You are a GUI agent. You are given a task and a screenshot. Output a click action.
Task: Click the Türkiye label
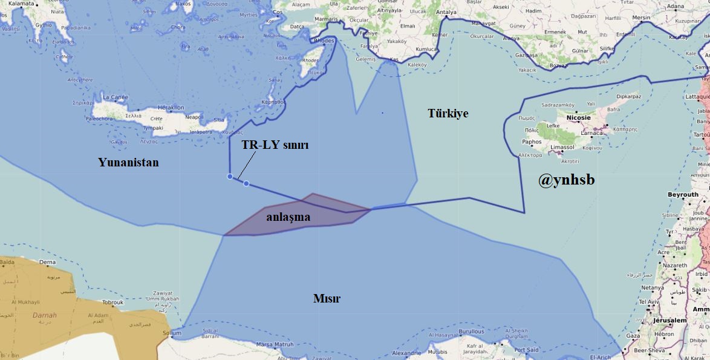(448, 114)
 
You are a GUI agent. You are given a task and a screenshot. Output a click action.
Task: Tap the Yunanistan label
(128, 162)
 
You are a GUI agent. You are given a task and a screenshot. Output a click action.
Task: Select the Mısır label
(327, 299)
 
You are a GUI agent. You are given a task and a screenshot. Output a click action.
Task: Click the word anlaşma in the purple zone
(288, 217)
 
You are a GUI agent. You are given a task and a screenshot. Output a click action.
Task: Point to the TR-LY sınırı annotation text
(275, 146)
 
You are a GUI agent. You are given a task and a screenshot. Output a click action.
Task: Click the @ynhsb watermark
(566, 179)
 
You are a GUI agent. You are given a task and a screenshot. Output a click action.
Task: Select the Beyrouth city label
(683, 195)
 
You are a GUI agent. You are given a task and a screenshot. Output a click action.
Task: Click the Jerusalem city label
(669, 320)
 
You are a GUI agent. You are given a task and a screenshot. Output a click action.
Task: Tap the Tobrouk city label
(112, 302)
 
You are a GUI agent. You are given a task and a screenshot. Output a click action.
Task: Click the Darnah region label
(44, 315)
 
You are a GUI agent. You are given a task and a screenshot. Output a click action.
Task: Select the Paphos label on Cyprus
(531, 142)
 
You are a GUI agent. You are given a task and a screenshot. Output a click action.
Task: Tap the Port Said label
(526, 350)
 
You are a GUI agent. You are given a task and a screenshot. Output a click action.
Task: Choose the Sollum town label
(171, 333)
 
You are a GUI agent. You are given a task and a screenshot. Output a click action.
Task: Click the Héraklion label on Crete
(169, 108)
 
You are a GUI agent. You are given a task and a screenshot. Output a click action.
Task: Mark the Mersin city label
(641, 18)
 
